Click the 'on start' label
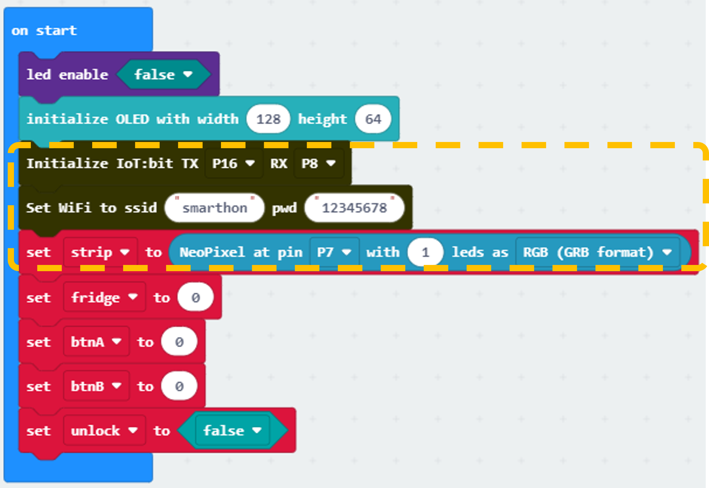(x=44, y=31)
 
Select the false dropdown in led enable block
(x=164, y=74)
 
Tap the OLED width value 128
(x=269, y=119)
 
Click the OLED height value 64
(x=373, y=119)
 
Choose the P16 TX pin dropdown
(x=233, y=164)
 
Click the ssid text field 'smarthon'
(x=215, y=208)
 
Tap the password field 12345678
(x=354, y=208)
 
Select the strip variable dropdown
(x=101, y=252)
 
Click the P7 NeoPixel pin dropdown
(x=334, y=252)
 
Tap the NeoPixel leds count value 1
(x=425, y=252)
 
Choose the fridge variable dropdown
(x=104, y=297)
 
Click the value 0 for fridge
(x=196, y=297)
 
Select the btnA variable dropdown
(x=96, y=342)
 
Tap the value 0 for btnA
(x=179, y=342)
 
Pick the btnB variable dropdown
(x=96, y=386)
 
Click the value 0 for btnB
(x=179, y=386)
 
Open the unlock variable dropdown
(x=104, y=430)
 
